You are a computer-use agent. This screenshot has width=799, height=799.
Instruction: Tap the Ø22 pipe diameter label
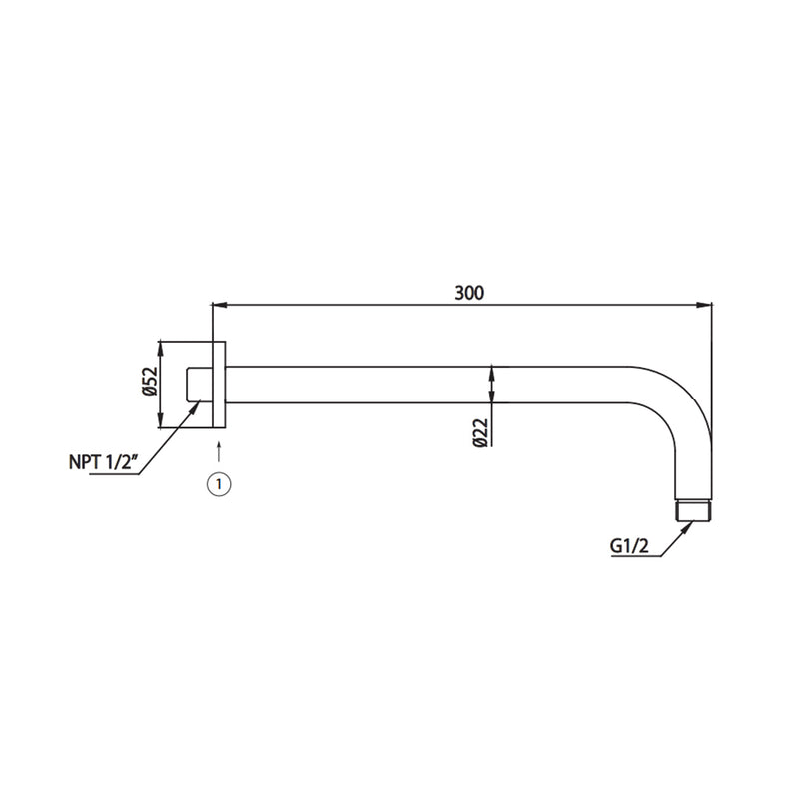click(480, 431)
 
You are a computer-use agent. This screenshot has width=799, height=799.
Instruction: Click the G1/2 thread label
click(628, 547)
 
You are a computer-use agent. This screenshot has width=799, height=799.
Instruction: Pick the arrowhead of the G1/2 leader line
click(688, 526)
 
